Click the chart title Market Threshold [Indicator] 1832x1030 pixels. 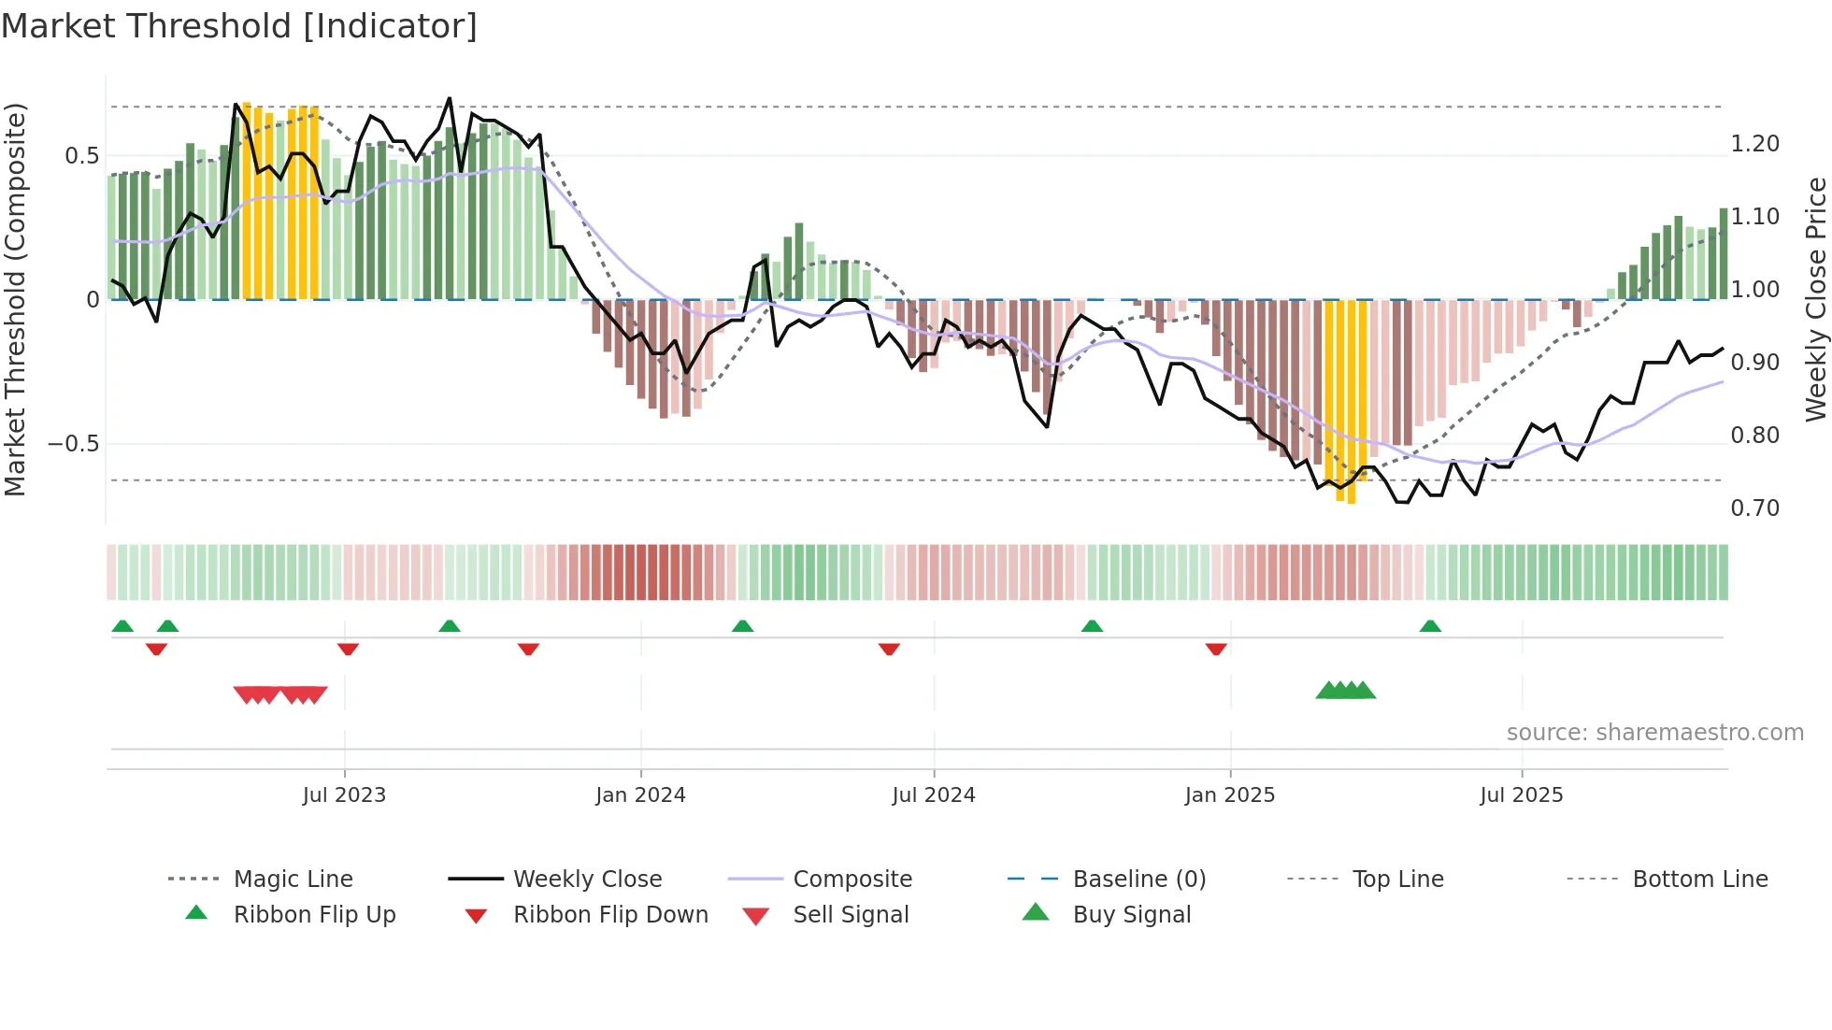click(x=239, y=26)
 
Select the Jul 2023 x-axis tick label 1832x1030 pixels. click(x=344, y=795)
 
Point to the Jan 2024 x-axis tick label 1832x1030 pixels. click(x=640, y=795)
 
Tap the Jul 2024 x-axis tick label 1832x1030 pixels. click(x=933, y=795)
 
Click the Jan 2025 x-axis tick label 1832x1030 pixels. click(x=1229, y=795)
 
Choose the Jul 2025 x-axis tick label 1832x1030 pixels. click(x=1521, y=795)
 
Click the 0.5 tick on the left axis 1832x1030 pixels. click(x=82, y=156)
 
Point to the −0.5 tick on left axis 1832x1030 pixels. click(x=74, y=444)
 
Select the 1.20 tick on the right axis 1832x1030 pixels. click(x=1754, y=144)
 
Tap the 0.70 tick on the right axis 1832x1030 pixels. click(x=1754, y=508)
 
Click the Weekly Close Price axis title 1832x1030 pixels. click(x=1815, y=299)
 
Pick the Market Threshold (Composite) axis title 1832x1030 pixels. click(x=15, y=299)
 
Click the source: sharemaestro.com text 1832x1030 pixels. click(x=1654, y=733)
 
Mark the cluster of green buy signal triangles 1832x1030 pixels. click(x=1345, y=691)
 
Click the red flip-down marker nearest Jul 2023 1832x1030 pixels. click(x=348, y=649)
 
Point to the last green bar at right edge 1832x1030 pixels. click(x=1723, y=254)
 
